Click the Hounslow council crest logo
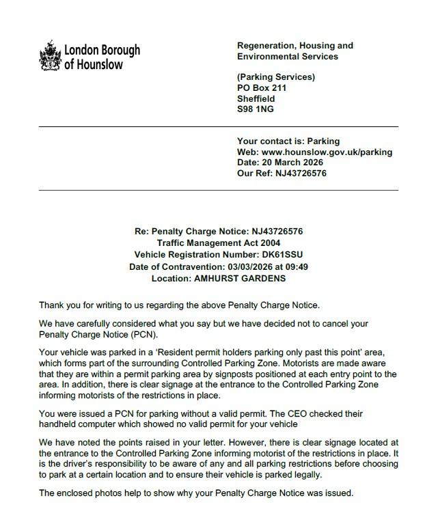coord(50,56)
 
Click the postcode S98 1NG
coord(255,109)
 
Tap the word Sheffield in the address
coord(256,98)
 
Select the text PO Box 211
coord(261,88)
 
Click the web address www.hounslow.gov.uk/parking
coord(327,152)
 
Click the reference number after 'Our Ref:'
coord(301,174)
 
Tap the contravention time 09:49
coord(296,266)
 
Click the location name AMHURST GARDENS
coord(239,278)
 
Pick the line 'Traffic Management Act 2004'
coord(219,243)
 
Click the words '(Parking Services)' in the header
coord(275,77)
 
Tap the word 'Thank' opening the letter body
coord(52,305)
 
